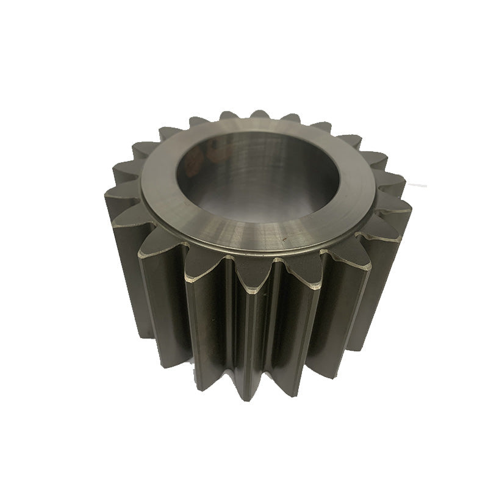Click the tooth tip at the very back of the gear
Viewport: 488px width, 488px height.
259,114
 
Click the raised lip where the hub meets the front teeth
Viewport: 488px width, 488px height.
256,251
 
